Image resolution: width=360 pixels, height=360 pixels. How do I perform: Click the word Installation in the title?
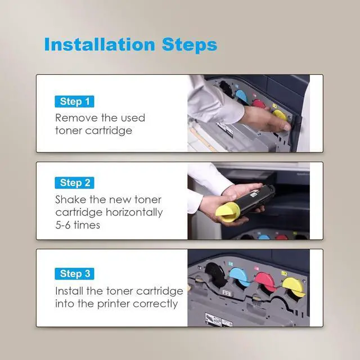100,44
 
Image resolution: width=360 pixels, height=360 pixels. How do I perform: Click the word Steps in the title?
190,45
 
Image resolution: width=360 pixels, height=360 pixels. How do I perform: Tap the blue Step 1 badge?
74,101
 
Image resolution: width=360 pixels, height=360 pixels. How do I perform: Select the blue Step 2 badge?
74,183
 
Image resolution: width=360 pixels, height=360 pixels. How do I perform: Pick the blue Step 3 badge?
74,274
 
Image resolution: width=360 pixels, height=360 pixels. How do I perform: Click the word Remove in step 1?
76,118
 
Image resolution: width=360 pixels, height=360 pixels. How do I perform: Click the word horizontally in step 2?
134,213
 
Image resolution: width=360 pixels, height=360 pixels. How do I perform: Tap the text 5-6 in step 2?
63,225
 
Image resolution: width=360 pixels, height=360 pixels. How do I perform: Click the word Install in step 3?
69,291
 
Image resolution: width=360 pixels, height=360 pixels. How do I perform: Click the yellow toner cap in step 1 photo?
280,115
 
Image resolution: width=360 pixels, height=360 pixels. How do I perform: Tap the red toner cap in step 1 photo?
259,104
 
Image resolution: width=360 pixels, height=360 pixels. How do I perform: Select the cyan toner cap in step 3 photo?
240,277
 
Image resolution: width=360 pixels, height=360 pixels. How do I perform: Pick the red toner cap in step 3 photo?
265,282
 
